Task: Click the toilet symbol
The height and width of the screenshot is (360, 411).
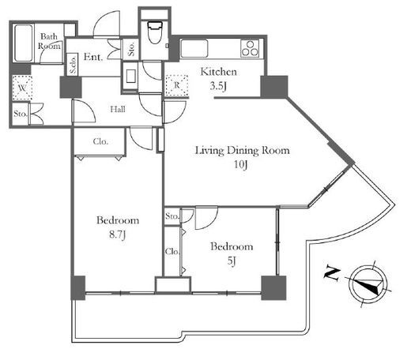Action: pyautogui.click(x=155, y=32)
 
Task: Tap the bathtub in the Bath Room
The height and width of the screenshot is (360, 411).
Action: pyautogui.click(x=23, y=43)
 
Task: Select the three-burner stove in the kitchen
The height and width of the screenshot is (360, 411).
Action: pyautogui.click(x=250, y=48)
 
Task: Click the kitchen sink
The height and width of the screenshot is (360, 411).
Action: pyautogui.click(x=194, y=48)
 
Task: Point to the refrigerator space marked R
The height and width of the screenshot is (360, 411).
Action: pyautogui.click(x=177, y=85)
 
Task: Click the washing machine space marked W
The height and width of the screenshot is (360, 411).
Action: pyautogui.click(x=22, y=88)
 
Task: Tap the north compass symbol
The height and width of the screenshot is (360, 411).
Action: pyautogui.click(x=368, y=283)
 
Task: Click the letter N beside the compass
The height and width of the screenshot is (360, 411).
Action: pyautogui.click(x=331, y=274)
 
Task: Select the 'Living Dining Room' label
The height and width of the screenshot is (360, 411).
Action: pyautogui.click(x=242, y=151)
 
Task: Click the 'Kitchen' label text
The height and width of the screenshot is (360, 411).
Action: pyautogui.click(x=218, y=72)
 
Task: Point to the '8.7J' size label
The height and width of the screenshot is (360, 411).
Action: pyautogui.click(x=118, y=234)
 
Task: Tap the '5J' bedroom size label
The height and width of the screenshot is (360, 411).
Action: pyautogui.click(x=232, y=261)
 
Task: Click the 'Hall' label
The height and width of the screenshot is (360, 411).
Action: pyautogui.click(x=118, y=109)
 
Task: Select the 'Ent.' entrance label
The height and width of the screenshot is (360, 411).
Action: pyautogui.click(x=92, y=57)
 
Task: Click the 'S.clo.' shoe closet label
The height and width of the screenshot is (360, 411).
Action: pyautogui.click(x=73, y=65)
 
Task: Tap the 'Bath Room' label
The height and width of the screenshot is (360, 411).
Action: pyautogui.click(x=49, y=41)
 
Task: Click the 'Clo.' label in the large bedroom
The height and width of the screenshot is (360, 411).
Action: pyautogui.click(x=100, y=141)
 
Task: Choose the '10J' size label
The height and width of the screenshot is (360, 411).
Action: pyautogui.click(x=241, y=165)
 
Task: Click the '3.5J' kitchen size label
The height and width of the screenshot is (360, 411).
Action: pyautogui.click(x=218, y=86)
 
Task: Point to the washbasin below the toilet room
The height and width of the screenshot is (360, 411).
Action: pyautogui.click(x=130, y=76)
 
